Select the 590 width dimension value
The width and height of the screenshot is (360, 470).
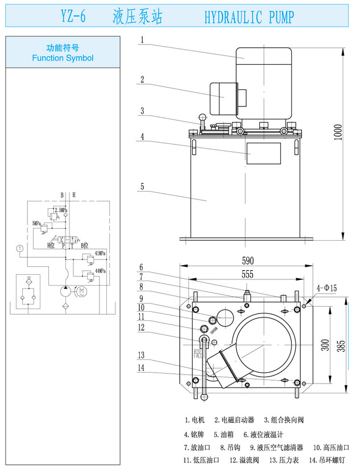[x=247, y=261]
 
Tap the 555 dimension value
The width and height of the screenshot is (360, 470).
[x=247, y=274]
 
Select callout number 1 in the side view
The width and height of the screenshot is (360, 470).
[x=142, y=40]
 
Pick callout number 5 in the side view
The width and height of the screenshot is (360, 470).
[x=142, y=186]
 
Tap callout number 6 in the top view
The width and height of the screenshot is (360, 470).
[x=142, y=267]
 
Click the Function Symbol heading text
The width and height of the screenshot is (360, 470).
[x=63, y=57]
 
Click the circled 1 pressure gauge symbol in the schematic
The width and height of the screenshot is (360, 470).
[x=19, y=248]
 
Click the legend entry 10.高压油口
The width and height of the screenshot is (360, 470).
[x=332, y=447]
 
